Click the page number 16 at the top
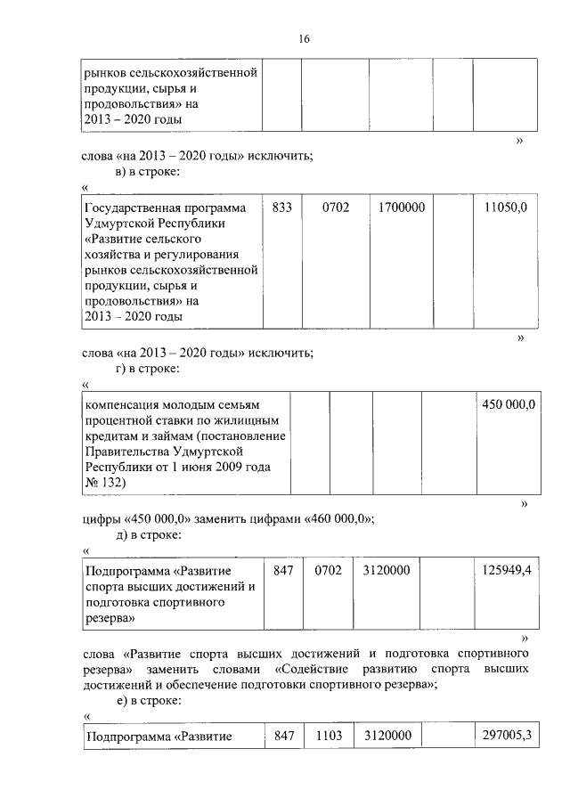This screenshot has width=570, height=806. tap(304, 40)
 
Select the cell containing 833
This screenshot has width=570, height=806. tap(282, 207)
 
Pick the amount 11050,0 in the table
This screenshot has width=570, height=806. tap(505, 207)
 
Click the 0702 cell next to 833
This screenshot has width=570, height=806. tap(336, 207)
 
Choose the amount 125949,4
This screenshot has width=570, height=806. tap(502, 569)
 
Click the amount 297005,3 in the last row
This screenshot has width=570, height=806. tap(502, 736)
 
